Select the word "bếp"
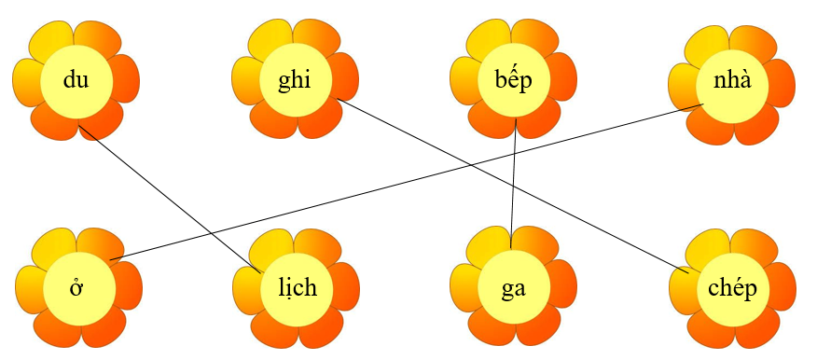(512, 80)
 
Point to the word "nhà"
(730, 79)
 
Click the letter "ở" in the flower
(76, 287)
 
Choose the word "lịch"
(296, 287)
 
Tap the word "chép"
(731, 287)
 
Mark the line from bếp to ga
(514, 187)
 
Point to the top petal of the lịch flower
(296, 240)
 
